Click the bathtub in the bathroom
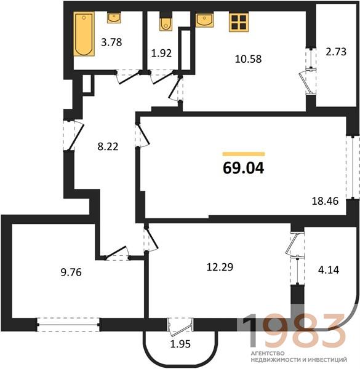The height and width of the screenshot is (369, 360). pos(84,34)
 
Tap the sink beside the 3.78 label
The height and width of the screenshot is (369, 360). pos(114,18)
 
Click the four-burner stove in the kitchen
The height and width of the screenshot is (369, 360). pos(239,22)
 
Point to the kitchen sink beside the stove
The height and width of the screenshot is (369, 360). pos(204,20)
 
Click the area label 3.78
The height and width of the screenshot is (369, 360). pos(111,42)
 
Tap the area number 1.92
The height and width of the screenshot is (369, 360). pos(161,53)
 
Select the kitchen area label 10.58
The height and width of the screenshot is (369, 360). pos(248,59)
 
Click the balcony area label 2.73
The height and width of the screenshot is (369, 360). pos(336,52)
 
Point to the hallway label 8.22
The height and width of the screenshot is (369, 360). pos(108,146)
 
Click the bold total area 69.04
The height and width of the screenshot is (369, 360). pos(244,169)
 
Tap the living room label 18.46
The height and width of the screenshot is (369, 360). pos(325,201)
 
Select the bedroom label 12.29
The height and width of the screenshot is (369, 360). pos(220,267)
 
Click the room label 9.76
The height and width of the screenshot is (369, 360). pos(71,272)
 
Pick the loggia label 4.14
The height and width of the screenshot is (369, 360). pos(329,270)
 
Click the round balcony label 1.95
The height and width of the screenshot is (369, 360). pos(180,344)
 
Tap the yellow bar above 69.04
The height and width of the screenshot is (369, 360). pos(244,154)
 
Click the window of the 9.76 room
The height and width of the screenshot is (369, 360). pos(68,325)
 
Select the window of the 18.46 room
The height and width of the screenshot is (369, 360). pos(353,167)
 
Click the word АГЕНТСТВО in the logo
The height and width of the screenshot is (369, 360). pos(268,354)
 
